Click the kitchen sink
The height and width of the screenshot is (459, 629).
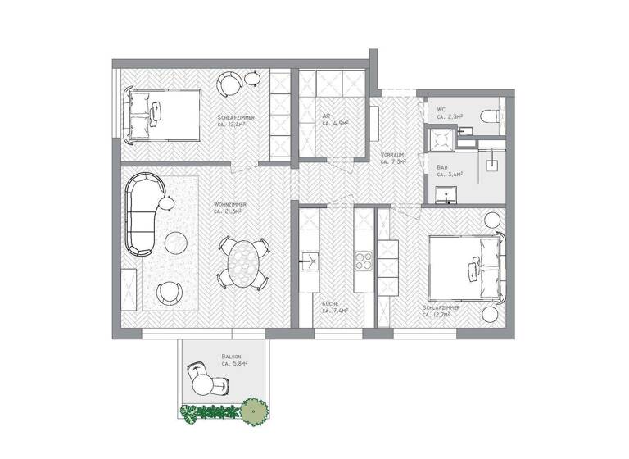309,262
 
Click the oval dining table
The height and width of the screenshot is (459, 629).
242,262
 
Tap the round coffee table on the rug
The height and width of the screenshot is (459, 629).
178,243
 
